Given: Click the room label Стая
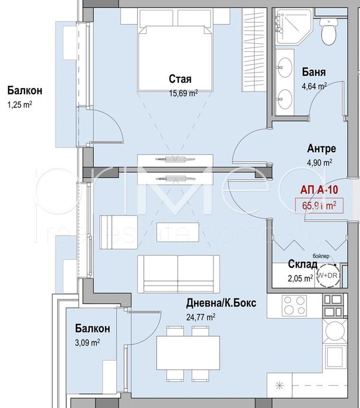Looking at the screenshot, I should click(x=181, y=79).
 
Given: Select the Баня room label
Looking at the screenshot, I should click(x=314, y=73).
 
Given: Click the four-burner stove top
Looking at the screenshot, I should click(x=293, y=306).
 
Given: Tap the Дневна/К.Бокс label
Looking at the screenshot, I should click(x=221, y=304).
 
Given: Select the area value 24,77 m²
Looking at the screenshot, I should click(x=201, y=317).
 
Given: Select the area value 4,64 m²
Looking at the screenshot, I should click(x=314, y=86).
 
